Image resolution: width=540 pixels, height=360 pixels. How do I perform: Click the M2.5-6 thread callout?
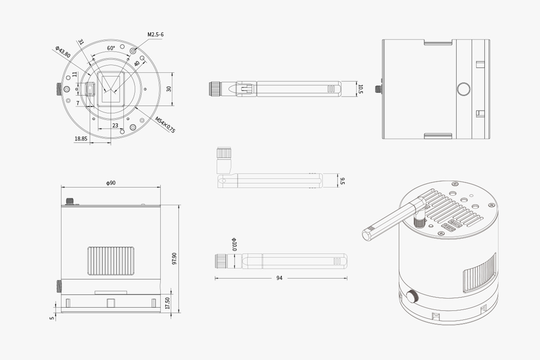156,35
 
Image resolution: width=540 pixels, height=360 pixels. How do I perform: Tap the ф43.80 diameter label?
63,52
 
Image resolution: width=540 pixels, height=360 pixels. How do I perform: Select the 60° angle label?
111,48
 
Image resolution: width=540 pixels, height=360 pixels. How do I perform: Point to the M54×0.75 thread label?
165,125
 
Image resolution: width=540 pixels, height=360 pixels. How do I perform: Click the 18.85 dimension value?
81,139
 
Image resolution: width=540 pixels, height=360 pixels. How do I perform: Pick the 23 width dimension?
115,126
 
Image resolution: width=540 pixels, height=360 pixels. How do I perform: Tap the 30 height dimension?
169,89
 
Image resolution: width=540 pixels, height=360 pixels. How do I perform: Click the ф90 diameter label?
111,183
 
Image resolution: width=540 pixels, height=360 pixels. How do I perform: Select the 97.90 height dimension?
174,259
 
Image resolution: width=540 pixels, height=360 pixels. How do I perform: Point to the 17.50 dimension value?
167,303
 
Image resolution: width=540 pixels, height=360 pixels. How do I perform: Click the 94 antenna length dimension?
279,278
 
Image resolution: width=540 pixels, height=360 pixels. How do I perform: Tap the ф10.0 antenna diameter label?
234,244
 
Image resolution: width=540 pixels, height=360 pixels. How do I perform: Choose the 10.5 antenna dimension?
360,89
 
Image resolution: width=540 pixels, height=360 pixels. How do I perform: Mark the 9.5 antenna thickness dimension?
342,181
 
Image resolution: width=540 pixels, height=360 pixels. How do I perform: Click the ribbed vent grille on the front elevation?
111,261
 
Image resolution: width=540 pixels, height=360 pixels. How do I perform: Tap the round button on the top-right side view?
463,89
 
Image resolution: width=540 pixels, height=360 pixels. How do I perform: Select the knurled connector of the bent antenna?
224,153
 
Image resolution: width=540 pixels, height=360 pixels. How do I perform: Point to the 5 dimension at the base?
52,318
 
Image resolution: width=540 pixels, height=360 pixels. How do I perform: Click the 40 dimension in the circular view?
137,63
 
